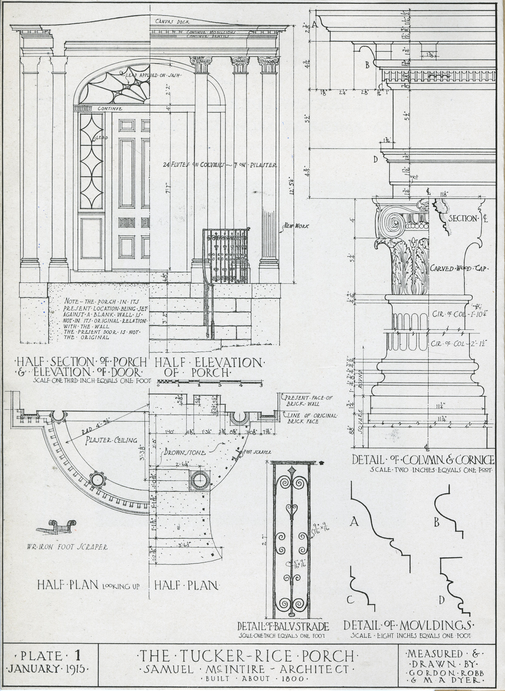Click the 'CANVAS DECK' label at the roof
click(x=172, y=22)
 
